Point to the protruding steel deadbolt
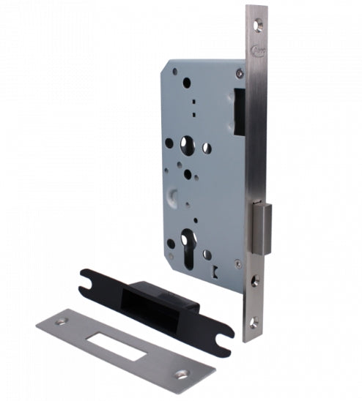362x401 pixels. (x=262, y=226)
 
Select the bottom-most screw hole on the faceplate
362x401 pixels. (x=254, y=320)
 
